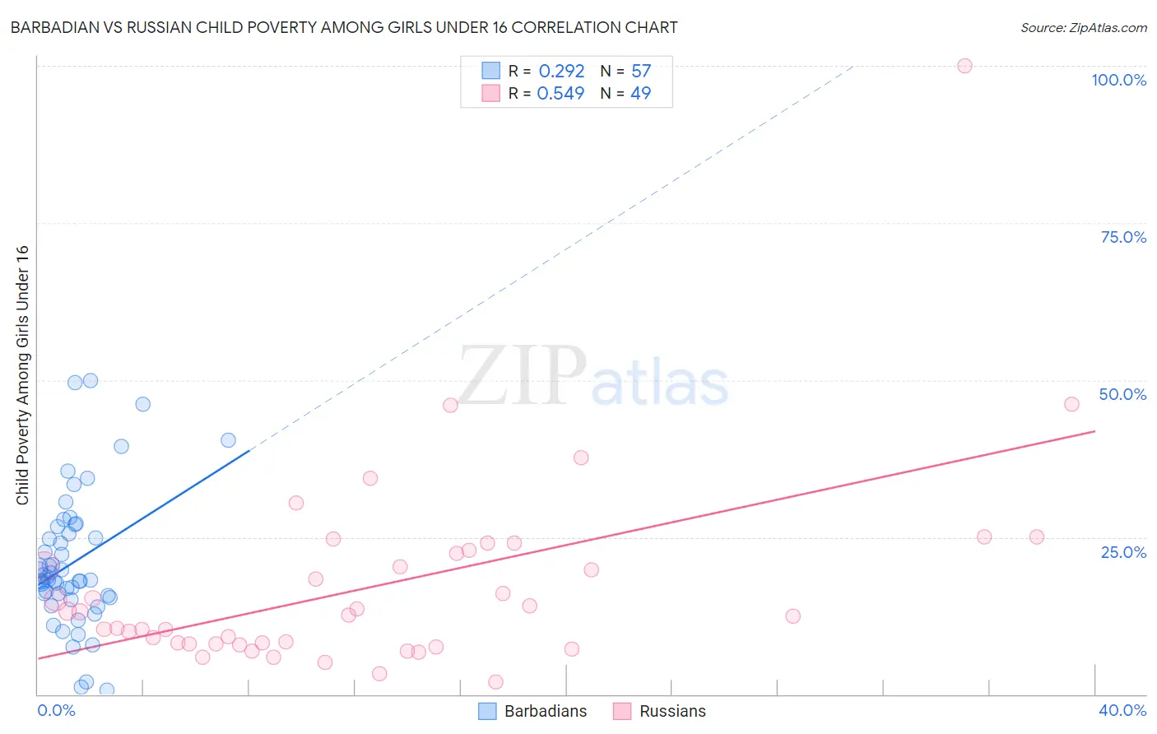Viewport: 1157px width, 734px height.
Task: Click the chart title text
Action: (344, 27)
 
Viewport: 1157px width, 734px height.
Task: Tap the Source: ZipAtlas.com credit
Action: (1083, 27)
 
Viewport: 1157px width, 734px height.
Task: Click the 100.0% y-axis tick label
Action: (1118, 80)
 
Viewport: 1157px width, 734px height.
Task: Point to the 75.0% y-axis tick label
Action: (1122, 237)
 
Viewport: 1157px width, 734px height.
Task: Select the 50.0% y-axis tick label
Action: (1122, 394)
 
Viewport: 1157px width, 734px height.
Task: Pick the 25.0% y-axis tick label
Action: (1122, 551)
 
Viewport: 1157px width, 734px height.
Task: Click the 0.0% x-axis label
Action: (56, 710)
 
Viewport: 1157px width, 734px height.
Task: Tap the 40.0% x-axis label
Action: (1122, 710)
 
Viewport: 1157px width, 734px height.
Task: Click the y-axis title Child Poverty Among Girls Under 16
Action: (22, 375)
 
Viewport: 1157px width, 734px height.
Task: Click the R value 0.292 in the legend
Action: (561, 72)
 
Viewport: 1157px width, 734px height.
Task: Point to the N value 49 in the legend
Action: (640, 94)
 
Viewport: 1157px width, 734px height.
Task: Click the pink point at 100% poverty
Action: (964, 66)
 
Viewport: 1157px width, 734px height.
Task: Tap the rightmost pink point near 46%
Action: (1071, 404)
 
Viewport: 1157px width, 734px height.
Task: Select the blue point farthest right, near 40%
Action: (228, 440)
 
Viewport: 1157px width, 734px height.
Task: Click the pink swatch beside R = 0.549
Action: (491, 93)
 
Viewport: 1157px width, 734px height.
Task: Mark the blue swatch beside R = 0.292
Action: (491, 71)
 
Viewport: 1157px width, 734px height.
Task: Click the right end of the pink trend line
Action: (1094, 431)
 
